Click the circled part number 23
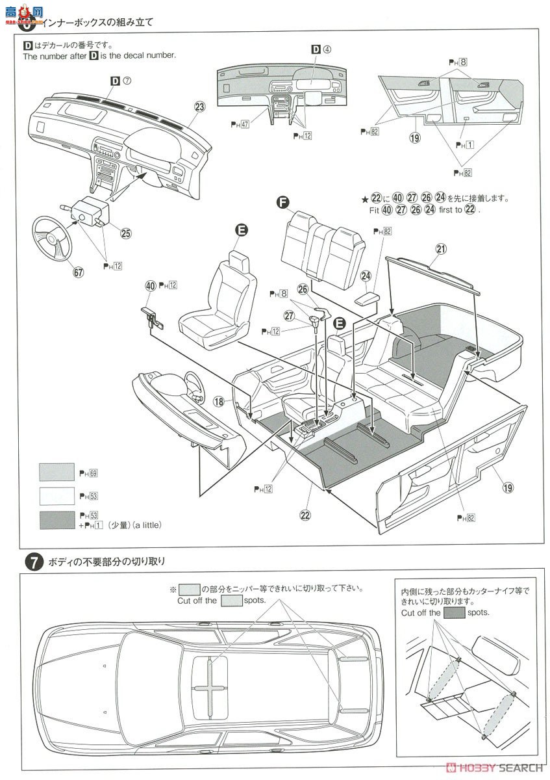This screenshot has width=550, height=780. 199,107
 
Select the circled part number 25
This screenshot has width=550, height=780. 126,232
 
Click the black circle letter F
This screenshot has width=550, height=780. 282,203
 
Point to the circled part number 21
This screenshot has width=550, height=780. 442,250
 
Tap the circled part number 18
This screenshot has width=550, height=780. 219,402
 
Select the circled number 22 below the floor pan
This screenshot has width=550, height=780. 305,515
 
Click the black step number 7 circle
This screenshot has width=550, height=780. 32,562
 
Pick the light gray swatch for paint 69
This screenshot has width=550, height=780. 56,472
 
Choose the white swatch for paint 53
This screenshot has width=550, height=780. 56,497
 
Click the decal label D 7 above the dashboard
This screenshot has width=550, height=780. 121,81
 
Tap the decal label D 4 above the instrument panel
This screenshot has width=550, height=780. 321,49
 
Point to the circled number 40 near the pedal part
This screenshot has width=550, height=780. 151,285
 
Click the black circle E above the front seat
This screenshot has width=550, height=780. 241,229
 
